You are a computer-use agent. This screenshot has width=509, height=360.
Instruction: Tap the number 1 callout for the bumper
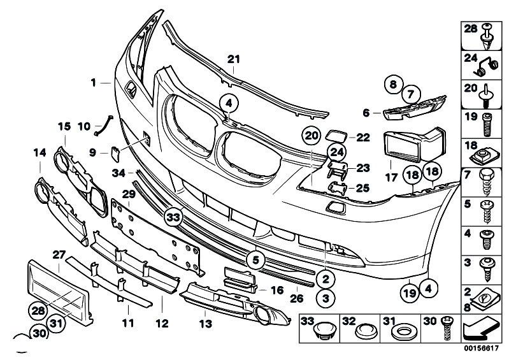pos(93,82)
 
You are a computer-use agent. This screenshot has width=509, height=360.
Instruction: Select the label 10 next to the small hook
pos(83,127)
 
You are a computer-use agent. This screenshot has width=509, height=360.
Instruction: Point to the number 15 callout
pos(64,127)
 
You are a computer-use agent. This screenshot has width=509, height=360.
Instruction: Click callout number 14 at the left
pos(39,152)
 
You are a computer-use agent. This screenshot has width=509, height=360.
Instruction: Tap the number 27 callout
pos(59,254)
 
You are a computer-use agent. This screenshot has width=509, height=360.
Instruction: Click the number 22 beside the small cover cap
pos(362,137)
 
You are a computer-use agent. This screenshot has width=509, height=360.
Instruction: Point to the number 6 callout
pos(366,113)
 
